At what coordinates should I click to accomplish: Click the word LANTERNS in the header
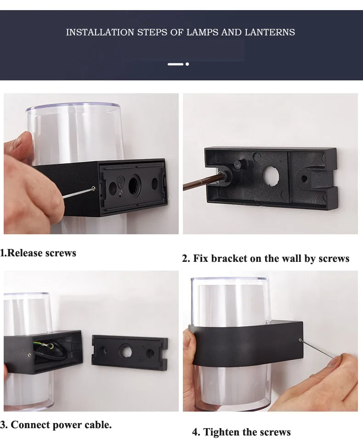pos(270,32)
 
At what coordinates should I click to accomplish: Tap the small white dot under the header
pos(187,64)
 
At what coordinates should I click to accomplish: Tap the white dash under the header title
pos(176,64)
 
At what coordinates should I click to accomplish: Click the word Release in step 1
pos(25,253)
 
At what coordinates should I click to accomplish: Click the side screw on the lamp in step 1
pos(94,188)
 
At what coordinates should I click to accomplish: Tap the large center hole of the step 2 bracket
pos(271,176)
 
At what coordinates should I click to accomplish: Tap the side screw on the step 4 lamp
pos(301,340)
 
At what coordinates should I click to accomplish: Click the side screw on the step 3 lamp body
pos(30,355)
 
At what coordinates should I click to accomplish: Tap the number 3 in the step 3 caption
pos(3,424)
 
